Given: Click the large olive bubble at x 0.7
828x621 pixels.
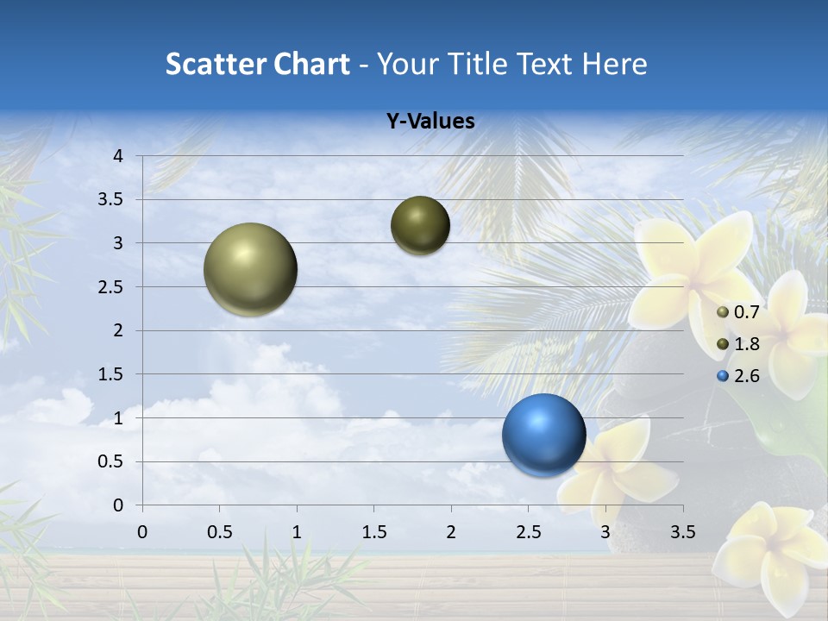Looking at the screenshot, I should coord(250,269).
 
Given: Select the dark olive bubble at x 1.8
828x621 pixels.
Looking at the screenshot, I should coord(420,225).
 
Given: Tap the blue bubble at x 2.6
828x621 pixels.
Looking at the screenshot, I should coord(543,435).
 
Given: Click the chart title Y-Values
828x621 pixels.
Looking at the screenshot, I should coord(430,122).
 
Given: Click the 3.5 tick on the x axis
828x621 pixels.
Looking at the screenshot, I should coord(682,532).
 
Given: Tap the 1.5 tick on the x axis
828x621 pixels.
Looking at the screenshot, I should coord(373,532).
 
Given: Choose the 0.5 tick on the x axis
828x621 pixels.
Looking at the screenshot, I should coord(219,532).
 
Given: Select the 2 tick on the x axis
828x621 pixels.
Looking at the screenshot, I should coord(450,532).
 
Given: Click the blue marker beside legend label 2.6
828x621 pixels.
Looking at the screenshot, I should coord(723,376).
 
